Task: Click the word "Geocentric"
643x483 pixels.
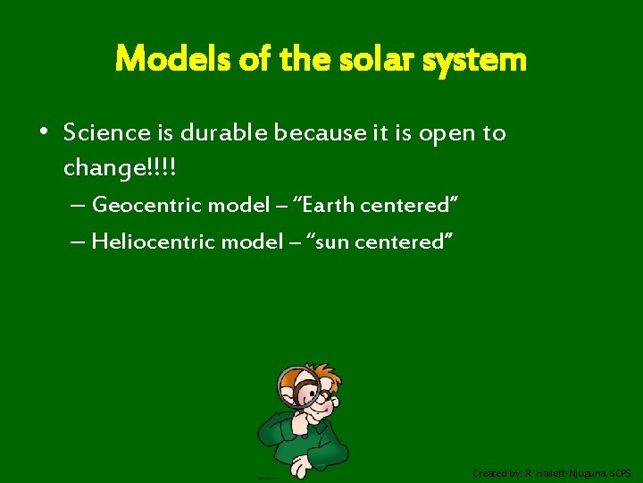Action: coord(146,205)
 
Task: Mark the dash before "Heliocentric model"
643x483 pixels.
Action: coord(77,241)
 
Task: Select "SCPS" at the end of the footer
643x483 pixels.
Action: coord(621,472)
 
